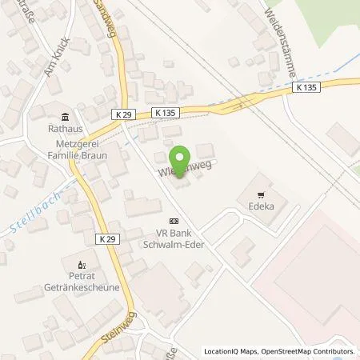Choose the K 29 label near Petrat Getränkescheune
click(110, 238)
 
